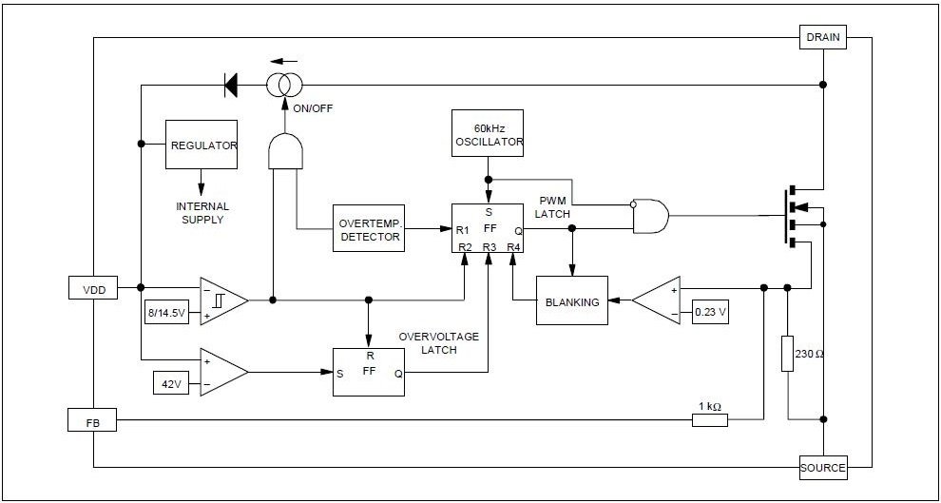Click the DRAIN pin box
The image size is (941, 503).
point(823,37)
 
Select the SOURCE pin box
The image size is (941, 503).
point(823,468)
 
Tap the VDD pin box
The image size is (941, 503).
point(93,288)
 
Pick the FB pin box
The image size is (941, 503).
point(92,420)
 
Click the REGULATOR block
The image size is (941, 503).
point(202,145)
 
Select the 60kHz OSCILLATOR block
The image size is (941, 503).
point(488,133)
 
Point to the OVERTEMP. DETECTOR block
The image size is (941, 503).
point(369,228)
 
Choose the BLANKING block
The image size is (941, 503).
point(572,300)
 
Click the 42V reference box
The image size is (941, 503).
point(171,383)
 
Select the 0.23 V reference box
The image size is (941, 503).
point(710,312)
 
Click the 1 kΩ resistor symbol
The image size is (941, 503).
point(710,420)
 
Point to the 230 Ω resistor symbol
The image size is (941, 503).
point(788,354)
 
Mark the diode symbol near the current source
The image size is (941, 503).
point(230,85)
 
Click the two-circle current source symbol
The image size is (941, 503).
point(284,85)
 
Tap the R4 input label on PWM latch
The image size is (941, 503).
point(513,246)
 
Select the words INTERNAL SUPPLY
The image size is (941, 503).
point(202,213)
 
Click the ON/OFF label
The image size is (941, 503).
point(312,108)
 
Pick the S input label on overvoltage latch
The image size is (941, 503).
point(339,374)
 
